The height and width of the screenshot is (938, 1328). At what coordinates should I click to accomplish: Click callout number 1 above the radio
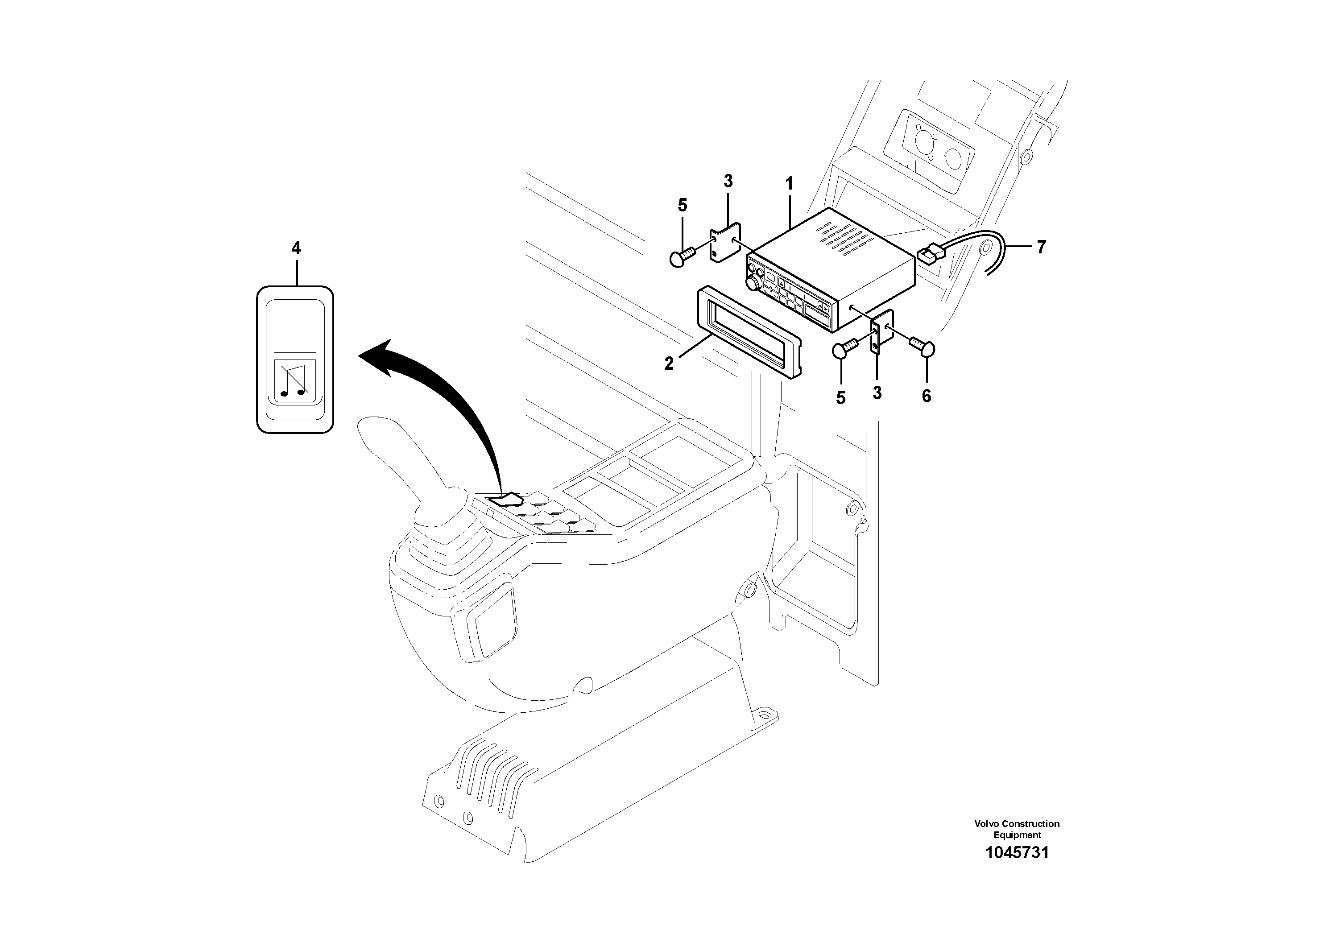(789, 185)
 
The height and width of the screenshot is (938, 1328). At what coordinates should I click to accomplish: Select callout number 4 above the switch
(296, 249)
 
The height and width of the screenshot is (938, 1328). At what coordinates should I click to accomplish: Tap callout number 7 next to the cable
(1041, 248)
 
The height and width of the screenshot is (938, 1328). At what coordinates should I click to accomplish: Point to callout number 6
(926, 396)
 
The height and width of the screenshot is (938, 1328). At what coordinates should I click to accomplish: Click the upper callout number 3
(728, 182)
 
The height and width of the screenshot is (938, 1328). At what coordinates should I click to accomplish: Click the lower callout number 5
(840, 398)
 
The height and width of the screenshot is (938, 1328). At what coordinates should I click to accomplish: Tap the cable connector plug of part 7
(929, 254)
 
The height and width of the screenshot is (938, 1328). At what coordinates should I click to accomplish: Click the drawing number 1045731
(1017, 852)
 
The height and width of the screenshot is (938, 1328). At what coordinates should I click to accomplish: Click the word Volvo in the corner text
(987, 823)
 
